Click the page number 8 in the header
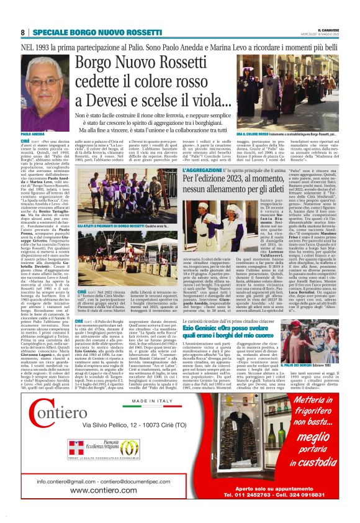(x=23, y=32)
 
